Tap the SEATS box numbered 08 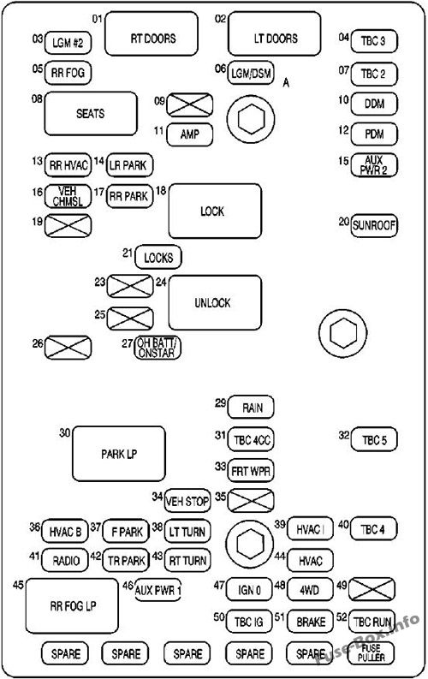tap(91, 114)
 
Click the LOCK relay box tap(214, 211)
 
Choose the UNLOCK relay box tap(214, 302)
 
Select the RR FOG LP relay tap(72, 605)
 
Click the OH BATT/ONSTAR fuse tap(159, 347)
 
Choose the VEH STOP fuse tap(187, 499)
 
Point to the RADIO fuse tap(65, 560)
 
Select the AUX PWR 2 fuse tap(373, 164)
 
